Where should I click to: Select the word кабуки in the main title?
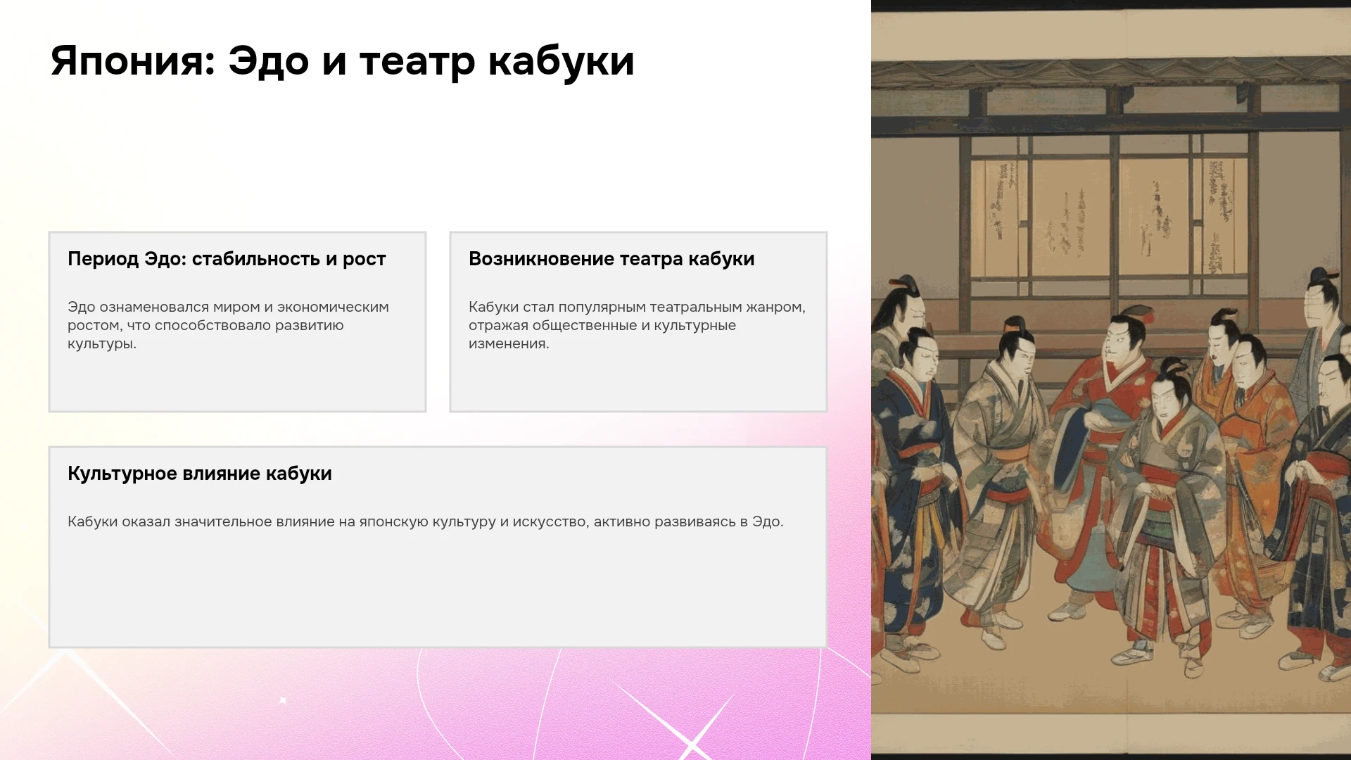pos(562,61)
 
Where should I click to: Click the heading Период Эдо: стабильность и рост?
pos(227,259)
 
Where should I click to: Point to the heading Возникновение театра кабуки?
pos(611,259)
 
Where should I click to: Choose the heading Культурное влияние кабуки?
pos(200,474)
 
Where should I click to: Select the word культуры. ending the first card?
pos(102,344)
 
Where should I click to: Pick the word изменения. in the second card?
pos(509,343)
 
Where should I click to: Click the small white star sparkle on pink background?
pos(283,700)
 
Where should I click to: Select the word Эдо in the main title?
pos(269,62)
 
